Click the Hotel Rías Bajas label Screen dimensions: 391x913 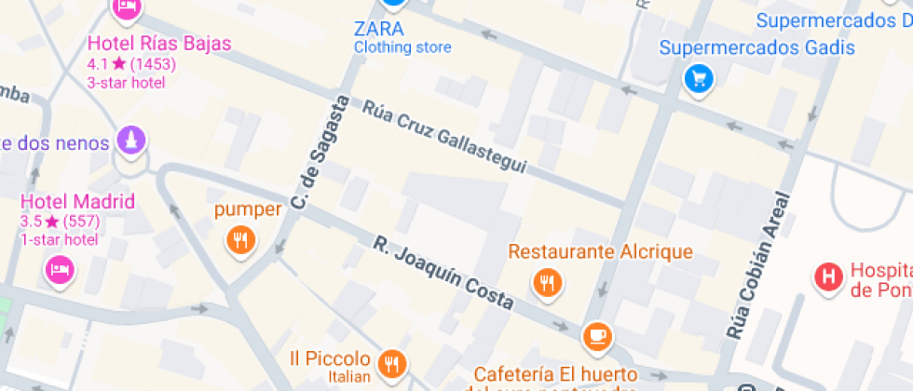159,44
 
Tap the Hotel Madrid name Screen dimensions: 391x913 78,202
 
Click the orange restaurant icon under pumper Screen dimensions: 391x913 240,241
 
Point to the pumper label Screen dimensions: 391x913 247,209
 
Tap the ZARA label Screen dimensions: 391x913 379,28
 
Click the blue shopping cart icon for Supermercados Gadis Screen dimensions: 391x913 699,79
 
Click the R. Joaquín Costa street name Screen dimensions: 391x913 443,273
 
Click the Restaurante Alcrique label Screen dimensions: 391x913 600,251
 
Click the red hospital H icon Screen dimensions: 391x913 826,276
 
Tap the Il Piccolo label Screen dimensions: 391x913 331,358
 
